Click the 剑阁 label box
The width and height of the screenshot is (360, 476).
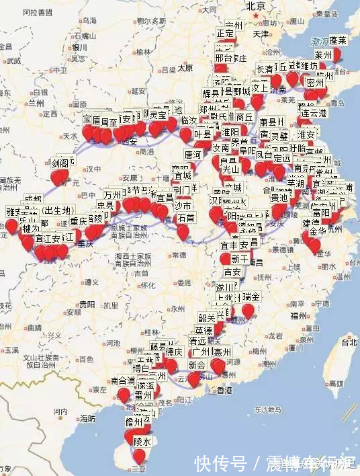(60, 163)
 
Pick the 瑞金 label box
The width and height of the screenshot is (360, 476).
(251, 296)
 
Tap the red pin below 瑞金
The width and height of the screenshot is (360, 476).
(248, 311)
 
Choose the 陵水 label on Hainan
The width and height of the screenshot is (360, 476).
(142, 441)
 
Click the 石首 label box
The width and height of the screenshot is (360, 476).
(185, 218)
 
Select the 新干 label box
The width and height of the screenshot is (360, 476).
(240, 259)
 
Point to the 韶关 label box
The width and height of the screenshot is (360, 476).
(206, 318)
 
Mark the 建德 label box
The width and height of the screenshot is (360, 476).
(311, 223)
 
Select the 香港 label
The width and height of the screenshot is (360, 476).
(224, 390)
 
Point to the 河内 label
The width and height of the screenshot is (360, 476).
(60, 411)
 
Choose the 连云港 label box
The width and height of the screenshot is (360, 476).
(313, 113)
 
